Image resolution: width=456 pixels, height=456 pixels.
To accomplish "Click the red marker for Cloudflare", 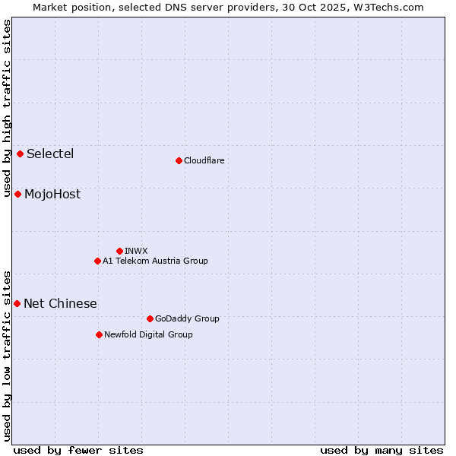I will tap(179, 160).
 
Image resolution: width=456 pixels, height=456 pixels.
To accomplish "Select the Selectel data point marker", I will tap(21, 154).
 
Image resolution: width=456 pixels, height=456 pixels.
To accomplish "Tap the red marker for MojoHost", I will tap(17, 195).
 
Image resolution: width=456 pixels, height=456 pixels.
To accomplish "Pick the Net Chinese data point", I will tap(17, 304).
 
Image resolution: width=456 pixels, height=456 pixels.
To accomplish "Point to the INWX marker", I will tap(119, 251).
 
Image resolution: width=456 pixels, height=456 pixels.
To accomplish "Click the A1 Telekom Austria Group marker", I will tap(97, 261).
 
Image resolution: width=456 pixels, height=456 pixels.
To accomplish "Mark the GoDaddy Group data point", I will tap(150, 318).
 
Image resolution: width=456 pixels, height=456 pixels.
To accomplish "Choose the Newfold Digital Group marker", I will tap(99, 334).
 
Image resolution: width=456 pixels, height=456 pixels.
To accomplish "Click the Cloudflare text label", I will tap(204, 160).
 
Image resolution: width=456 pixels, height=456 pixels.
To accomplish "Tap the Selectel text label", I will tap(50, 154).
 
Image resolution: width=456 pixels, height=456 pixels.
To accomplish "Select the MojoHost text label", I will tap(52, 195).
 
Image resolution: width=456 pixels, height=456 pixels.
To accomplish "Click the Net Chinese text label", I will tap(60, 304).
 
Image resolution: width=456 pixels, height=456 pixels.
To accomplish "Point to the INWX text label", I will tap(136, 251).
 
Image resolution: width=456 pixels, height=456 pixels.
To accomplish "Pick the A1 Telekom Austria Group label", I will tap(155, 261).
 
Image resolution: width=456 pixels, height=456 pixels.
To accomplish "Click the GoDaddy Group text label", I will tap(187, 318).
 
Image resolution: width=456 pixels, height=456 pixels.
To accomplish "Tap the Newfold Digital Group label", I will tap(148, 334).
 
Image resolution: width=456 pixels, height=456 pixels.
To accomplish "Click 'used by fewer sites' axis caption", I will tap(78, 450).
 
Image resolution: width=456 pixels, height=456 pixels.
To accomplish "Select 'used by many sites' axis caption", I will tap(382, 450).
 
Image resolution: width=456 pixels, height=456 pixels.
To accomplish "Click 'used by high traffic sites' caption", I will tap(7, 108).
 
